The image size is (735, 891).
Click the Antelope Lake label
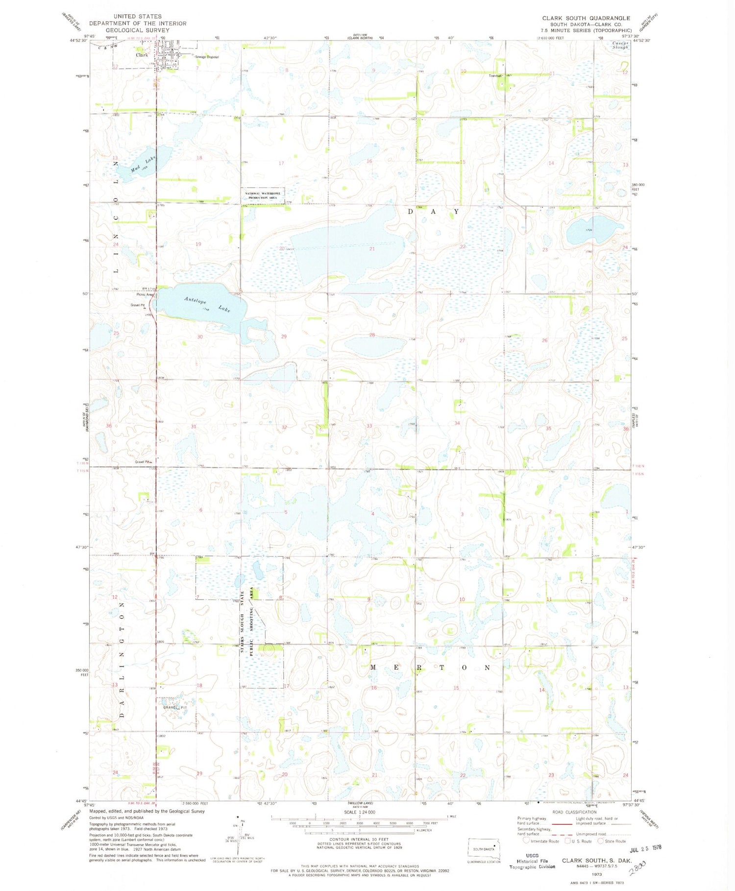(207, 304)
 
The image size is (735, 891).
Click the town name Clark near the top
(142, 55)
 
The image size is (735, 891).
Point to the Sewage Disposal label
(206, 57)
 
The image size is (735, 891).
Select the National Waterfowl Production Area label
(264, 195)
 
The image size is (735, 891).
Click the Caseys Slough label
(620, 45)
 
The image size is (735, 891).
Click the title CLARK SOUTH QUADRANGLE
(586, 18)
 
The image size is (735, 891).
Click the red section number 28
(372, 335)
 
